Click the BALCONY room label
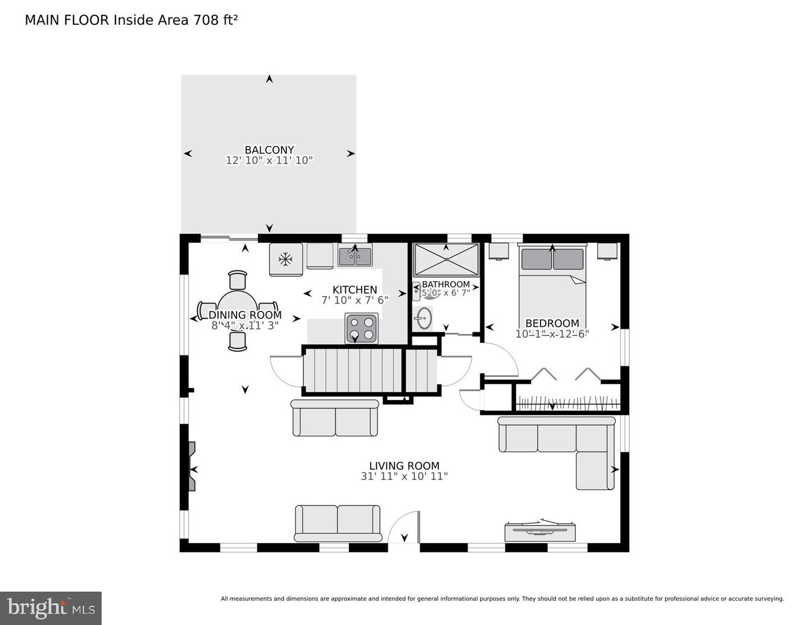[269, 150]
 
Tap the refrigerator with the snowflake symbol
[286, 259]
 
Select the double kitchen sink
[354, 256]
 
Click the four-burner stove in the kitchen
[361, 329]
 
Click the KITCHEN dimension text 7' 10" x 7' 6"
[354, 300]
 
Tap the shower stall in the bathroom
[446, 260]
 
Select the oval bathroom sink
[424, 318]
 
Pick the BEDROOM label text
[552, 323]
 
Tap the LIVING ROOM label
[404, 465]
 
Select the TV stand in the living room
[540, 531]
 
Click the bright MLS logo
[51, 608]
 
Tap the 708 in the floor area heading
[205, 20]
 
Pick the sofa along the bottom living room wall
[337, 523]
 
